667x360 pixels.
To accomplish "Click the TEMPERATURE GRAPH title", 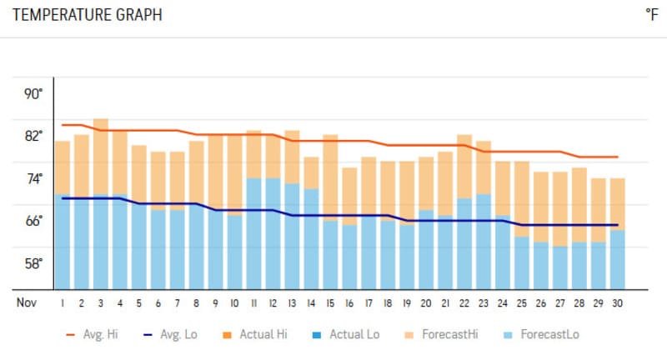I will click(88, 15).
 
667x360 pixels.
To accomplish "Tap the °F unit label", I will click(651, 15).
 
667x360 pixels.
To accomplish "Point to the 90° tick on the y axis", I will click(33, 93).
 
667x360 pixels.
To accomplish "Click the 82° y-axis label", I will click(33, 136).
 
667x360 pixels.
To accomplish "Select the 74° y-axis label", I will click(33, 178).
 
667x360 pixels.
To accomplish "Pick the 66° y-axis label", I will click(33, 221).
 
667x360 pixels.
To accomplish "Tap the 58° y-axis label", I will click(33, 263).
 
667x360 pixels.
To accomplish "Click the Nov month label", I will click(26, 302).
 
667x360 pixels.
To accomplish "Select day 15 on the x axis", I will click(330, 302).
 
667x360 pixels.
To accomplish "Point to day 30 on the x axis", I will click(617, 302).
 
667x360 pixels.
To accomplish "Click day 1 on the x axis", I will click(63, 302).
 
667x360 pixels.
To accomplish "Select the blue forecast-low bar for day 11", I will click(253, 233).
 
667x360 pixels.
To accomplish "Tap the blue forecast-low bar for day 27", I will click(559, 267).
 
